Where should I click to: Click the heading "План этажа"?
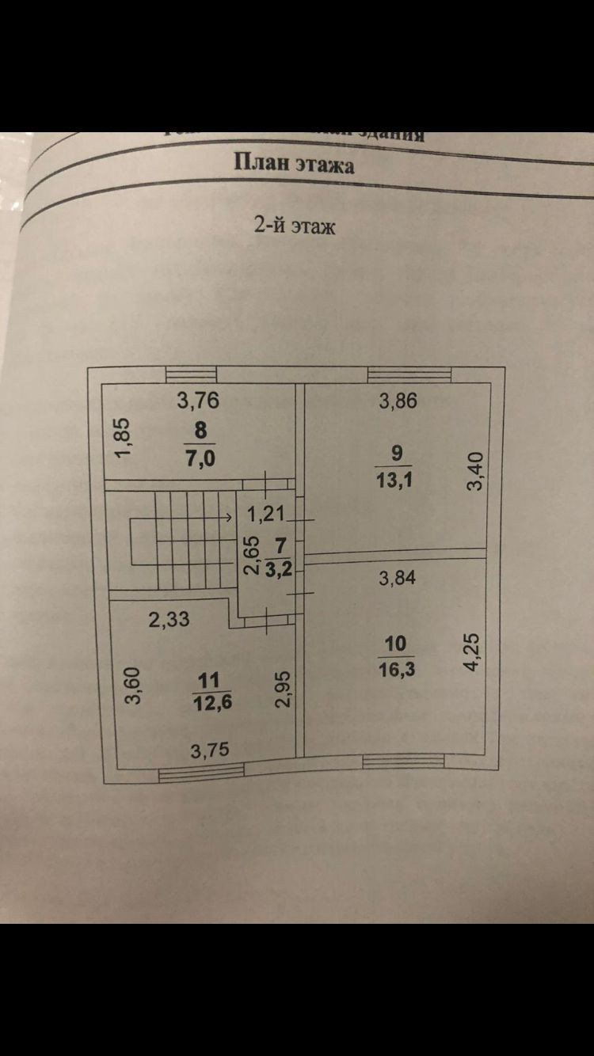click(294, 164)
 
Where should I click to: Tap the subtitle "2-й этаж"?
click(295, 226)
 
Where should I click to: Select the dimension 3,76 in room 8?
click(198, 401)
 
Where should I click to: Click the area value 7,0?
click(200, 458)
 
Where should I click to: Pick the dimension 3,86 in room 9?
click(398, 401)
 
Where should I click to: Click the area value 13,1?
click(397, 480)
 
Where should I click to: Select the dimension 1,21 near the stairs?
click(265, 515)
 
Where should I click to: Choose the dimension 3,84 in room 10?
click(398, 578)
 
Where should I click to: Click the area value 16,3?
click(397, 670)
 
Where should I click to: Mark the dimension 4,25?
click(473, 651)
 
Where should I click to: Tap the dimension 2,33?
click(169, 618)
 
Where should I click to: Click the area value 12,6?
click(210, 701)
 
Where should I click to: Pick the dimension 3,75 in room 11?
click(209, 749)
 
